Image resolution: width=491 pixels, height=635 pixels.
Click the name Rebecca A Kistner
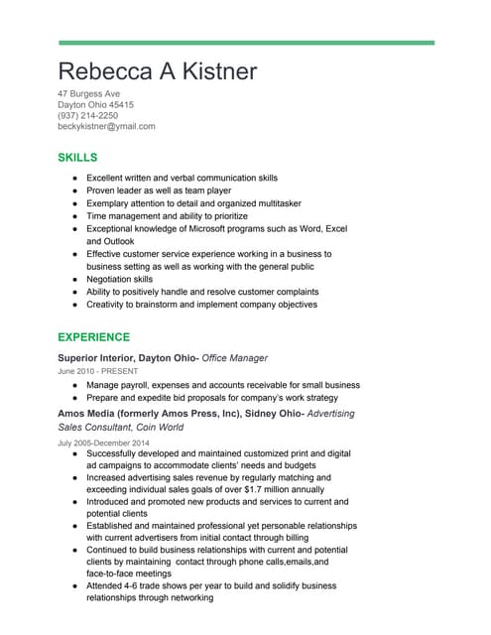[158, 71]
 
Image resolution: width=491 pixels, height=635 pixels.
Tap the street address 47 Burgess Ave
[89, 93]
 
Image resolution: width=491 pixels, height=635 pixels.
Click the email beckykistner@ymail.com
[107, 126]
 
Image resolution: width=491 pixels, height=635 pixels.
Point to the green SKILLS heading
[77, 157]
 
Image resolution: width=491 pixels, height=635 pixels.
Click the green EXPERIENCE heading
[94, 337]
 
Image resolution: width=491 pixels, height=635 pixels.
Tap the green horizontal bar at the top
[246, 43]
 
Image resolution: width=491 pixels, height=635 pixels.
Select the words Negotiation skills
[125, 280]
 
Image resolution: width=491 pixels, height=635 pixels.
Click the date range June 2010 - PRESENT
[98, 371]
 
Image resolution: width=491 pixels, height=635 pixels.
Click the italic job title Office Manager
[235, 357]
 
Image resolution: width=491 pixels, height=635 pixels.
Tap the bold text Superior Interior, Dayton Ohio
[127, 357]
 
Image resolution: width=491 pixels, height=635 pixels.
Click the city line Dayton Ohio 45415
[96, 104]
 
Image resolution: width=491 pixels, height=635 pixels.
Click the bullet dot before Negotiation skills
[75, 281]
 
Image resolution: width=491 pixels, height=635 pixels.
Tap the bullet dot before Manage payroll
[75, 384]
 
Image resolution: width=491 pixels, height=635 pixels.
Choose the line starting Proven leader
[159, 190]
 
